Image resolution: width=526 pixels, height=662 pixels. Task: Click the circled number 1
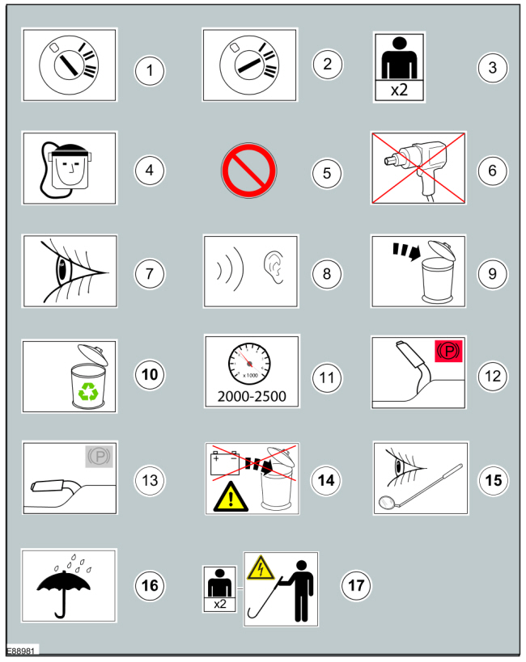point(150,70)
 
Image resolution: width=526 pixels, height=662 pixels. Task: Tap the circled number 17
point(356,585)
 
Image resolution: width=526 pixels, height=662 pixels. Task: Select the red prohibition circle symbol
point(249,171)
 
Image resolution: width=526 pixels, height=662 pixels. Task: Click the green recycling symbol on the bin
point(88,391)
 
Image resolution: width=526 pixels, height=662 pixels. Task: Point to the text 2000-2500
point(252,396)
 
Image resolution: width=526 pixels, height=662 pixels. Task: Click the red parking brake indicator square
point(448,352)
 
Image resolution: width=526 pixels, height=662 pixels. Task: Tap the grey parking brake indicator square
point(99,457)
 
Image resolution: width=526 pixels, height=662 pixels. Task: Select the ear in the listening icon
point(274,267)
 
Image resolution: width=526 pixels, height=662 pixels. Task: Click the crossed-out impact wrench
point(417,167)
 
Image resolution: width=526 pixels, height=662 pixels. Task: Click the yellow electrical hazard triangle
point(261,567)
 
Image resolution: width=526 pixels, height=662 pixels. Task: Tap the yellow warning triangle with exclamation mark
point(231,497)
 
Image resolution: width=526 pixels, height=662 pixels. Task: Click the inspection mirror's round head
point(387,503)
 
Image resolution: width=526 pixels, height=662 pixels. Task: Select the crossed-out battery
point(225,463)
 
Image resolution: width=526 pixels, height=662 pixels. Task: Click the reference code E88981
point(20,651)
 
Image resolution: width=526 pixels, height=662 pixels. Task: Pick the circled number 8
point(327,274)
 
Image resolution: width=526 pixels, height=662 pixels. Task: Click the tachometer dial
point(249,364)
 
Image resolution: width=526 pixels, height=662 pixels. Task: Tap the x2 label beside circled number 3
point(399,90)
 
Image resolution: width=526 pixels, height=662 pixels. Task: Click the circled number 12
point(493,376)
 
